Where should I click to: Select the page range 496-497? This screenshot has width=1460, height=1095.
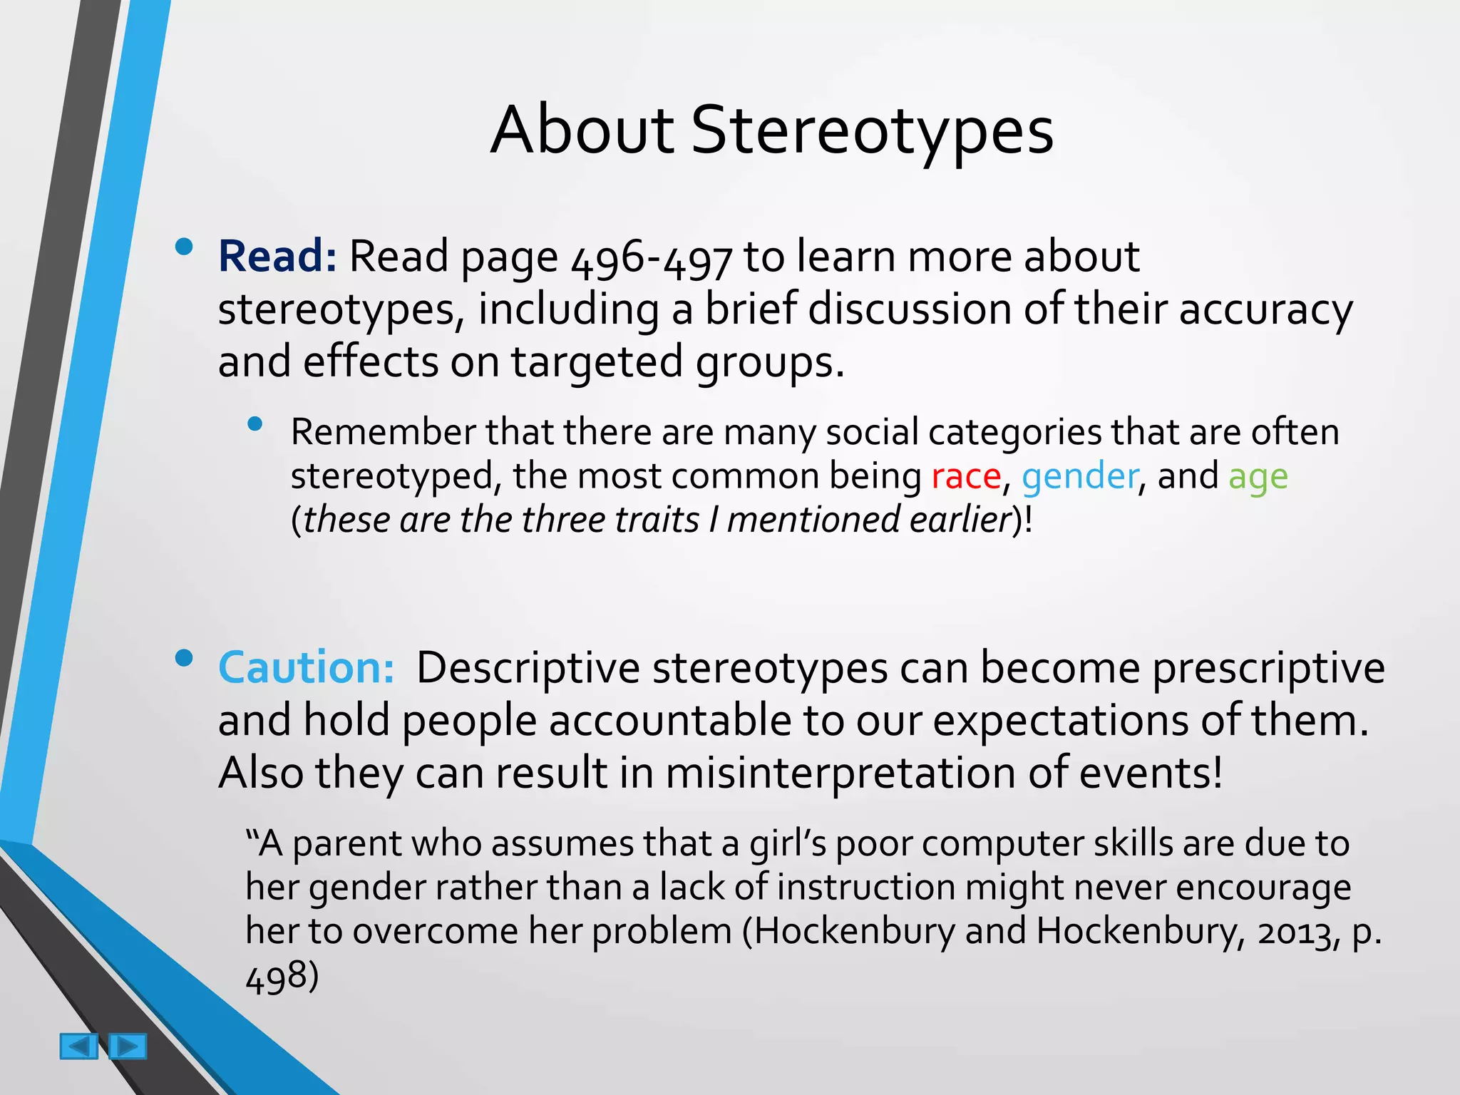pos(652,258)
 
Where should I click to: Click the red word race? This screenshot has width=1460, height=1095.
pos(966,476)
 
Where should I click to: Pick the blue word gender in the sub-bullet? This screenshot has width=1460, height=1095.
pos(1079,476)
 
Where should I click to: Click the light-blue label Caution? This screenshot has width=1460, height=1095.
pos(306,668)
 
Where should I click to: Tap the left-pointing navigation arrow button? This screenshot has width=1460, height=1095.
pos(78,1046)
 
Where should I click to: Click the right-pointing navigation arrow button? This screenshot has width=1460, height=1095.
pos(128,1046)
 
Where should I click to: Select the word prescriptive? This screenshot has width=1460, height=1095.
pos(1268,669)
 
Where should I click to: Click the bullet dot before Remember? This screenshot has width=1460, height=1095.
pos(255,425)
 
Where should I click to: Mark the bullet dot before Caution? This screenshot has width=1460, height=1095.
pos(184,658)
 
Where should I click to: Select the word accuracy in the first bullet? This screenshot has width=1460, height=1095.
pos(1265,310)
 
